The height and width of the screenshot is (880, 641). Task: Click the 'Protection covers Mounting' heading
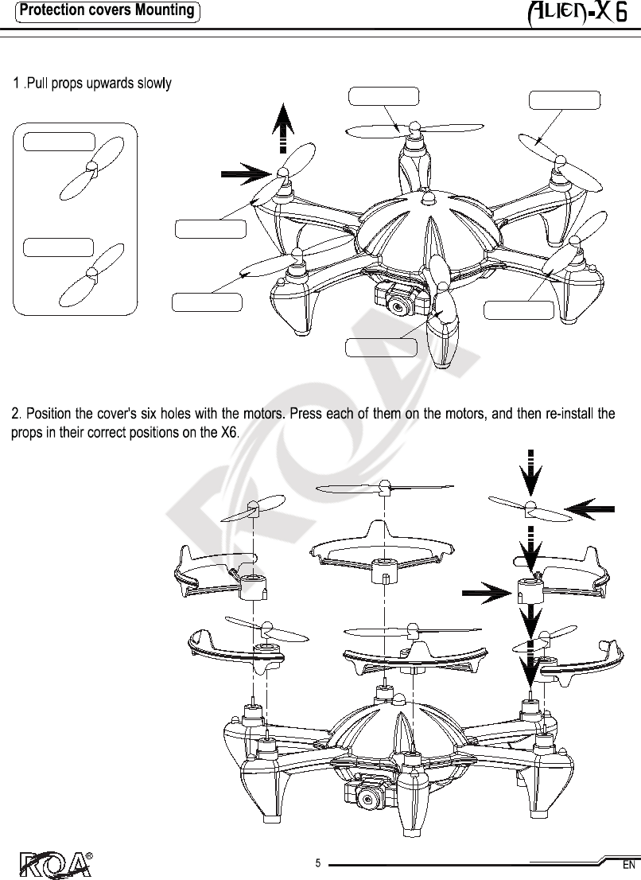pyautogui.click(x=107, y=10)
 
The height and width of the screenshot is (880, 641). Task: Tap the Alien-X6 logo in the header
pyautogui.click(x=577, y=13)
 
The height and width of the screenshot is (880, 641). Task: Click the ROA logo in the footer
pyautogui.click(x=56, y=865)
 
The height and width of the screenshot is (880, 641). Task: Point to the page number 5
pyautogui.click(x=318, y=863)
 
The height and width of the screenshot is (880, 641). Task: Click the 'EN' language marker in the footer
pyautogui.click(x=628, y=865)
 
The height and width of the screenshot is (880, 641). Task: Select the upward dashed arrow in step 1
pyautogui.click(x=283, y=128)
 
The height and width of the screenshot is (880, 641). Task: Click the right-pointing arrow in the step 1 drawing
pyautogui.click(x=247, y=174)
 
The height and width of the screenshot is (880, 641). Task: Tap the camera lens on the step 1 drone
pyautogui.click(x=398, y=307)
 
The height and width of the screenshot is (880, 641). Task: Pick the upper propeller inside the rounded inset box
pyautogui.click(x=91, y=168)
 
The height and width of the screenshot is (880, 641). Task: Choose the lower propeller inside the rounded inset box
pyautogui.click(x=91, y=274)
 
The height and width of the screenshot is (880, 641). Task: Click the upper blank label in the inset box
pyautogui.click(x=59, y=142)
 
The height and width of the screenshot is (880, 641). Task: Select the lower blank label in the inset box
pyautogui.click(x=58, y=247)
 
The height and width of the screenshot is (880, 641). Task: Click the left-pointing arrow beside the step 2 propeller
pyautogui.click(x=589, y=509)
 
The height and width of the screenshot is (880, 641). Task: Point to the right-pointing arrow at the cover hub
pyautogui.click(x=488, y=592)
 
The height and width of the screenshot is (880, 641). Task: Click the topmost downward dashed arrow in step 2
pyautogui.click(x=530, y=473)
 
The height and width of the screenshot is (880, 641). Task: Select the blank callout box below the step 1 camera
pyautogui.click(x=382, y=348)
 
